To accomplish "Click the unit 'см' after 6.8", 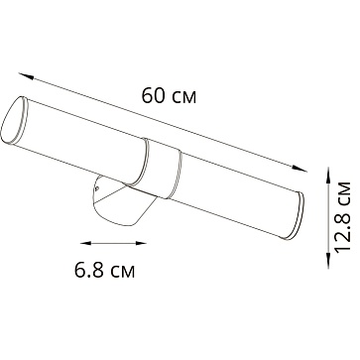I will coord(122,297).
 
